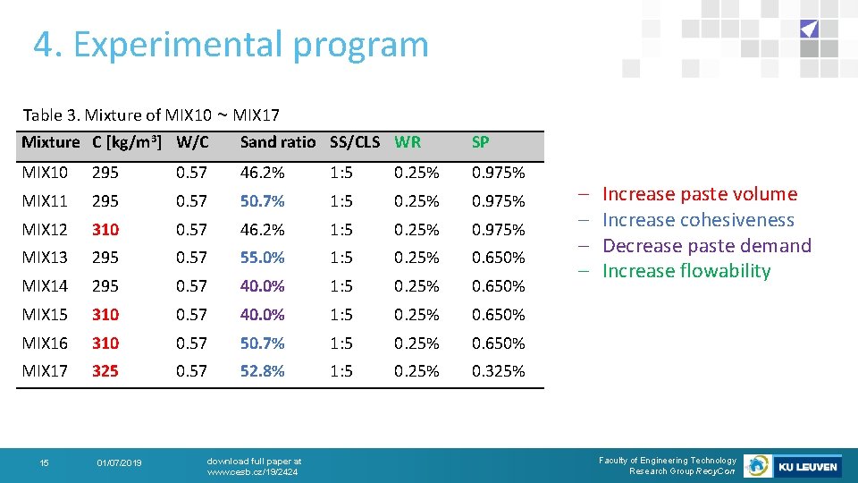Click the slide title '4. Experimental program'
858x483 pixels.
point(231,45)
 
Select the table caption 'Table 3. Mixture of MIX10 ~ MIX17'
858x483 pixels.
point(151,114)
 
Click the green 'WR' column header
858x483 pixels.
point(408,142)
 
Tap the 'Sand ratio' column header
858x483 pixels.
point(277,142)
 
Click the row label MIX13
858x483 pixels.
point(45,258)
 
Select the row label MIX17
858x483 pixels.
point(45,371)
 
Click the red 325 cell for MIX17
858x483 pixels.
point(105,371)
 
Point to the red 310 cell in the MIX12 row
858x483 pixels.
point(105,230)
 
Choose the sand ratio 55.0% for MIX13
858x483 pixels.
point(262,258)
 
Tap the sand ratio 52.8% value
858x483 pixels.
point(262,371)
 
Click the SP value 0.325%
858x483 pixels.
point(498,371)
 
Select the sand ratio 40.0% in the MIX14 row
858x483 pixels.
point(262,286)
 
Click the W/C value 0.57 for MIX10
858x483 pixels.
point(191,173)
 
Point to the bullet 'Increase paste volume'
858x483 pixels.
point(699,194)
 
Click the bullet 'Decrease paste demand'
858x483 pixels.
point(706,246)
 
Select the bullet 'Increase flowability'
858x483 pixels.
point(686,271)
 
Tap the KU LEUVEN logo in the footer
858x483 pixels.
point(807,466)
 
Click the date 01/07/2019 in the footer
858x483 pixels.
point(118,462)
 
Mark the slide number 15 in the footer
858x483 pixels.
point(44,462)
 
